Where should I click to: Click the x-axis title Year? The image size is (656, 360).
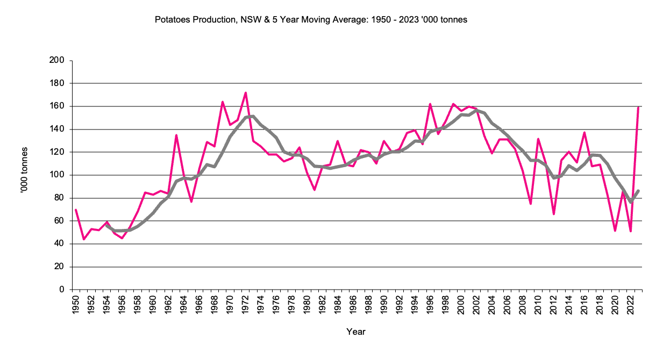tap(356, 332)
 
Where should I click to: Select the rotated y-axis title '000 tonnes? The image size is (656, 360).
tap(25, 175)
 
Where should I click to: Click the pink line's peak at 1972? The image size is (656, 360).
tap(246, 92)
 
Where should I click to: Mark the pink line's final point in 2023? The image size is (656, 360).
tap(638, 107)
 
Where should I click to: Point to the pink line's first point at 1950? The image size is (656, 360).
tap(76, 210)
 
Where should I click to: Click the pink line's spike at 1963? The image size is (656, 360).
tap(176, 135)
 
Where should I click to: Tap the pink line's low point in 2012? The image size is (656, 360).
tap(554, 214)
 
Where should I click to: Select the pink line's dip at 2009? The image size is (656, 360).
tap(531, 204)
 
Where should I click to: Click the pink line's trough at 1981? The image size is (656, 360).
tap(315, 190)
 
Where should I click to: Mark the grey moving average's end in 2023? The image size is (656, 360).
tap(638, 191)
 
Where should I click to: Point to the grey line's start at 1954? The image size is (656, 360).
tap(107, 226)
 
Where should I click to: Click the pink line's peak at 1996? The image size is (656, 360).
tap(431, 104)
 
